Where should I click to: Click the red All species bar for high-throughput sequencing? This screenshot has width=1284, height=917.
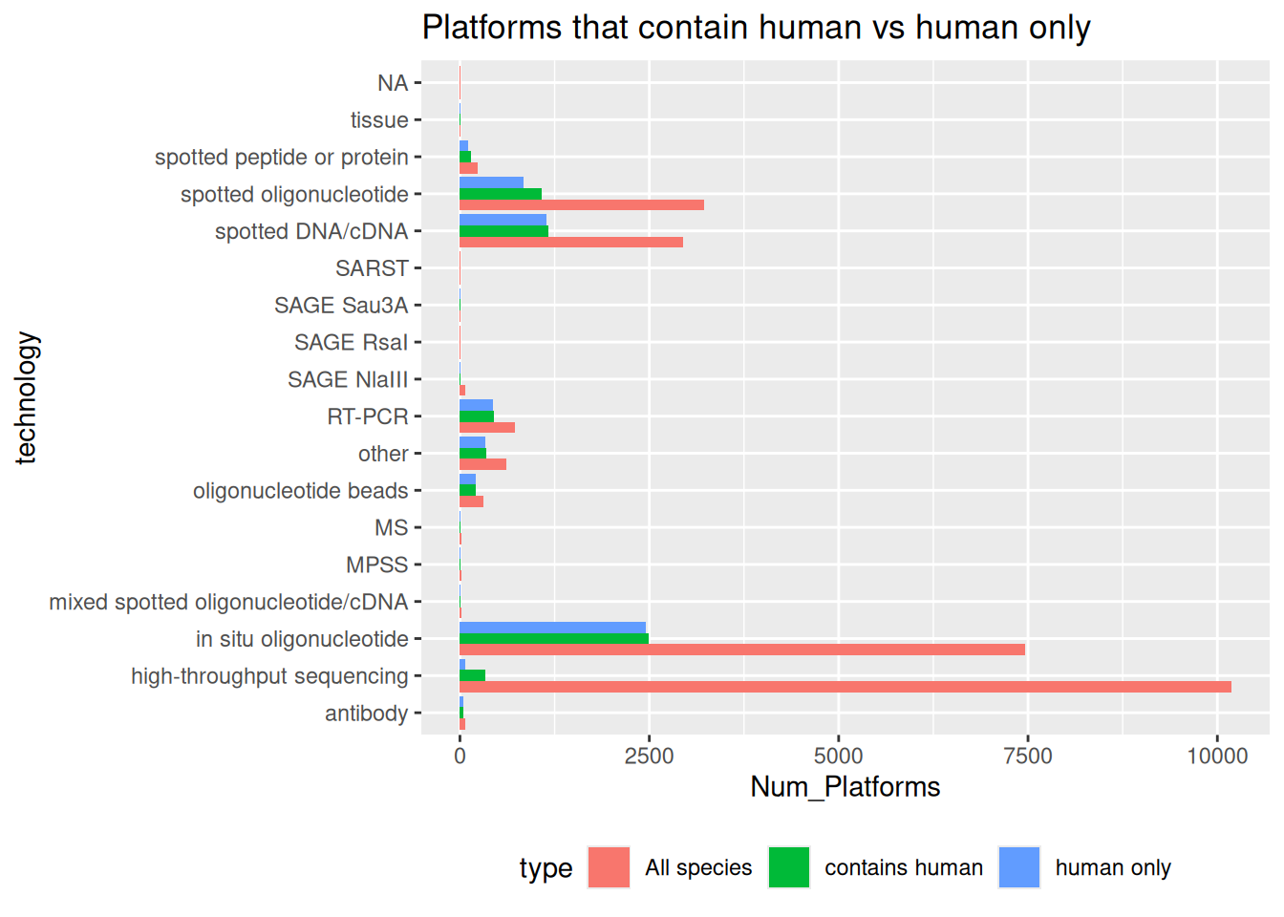(x=845, y=687)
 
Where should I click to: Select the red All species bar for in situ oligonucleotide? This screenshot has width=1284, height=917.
(x=741, y=650)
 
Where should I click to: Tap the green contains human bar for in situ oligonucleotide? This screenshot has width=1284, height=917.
(x=553, y=638)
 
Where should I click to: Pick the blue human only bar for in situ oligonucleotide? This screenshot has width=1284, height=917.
(x=552, y=628)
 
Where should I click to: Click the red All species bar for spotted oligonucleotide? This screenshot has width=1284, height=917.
(x=581, y=204)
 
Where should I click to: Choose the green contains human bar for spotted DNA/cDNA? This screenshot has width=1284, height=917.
(x=503, y=231)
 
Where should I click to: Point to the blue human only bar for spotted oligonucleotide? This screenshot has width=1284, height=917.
(x=491, y=182)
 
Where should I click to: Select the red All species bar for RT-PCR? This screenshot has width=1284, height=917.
(x=487, y=427)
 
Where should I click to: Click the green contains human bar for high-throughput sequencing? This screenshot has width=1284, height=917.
(x=472, y=676)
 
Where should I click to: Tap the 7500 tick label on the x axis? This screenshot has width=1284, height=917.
(x=1027, y=757)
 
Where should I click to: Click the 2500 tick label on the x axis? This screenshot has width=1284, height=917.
(x=649, y=757)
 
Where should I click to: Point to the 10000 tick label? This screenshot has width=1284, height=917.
(x=1216, y=757)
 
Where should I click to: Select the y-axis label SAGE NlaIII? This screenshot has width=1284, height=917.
(x=348, y=380)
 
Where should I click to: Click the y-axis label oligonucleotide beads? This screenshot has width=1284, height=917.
(x=300, y=491)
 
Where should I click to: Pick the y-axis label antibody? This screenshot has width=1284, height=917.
(x=366, y=714)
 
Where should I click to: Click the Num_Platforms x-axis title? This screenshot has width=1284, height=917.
(x=845, y=787)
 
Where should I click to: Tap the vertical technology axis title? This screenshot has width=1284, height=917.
(x=26, y=397)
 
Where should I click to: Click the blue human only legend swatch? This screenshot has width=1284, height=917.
(x=1018, y=867)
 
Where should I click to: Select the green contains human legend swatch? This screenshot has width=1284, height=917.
(x=788, y=867)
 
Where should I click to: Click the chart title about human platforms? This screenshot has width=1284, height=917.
(x=756, y=28)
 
